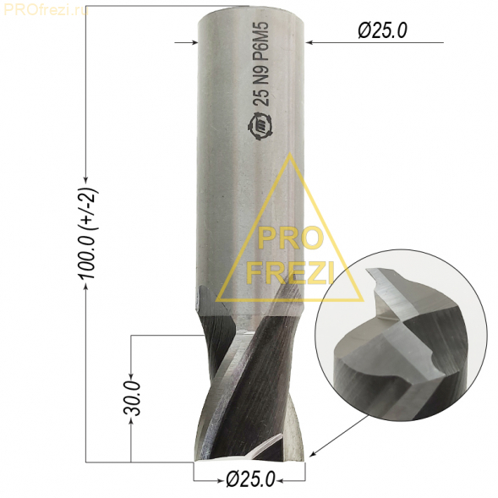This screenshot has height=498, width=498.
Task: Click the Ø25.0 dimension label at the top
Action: (382, 31)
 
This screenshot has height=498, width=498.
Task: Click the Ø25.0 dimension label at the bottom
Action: (250, 479)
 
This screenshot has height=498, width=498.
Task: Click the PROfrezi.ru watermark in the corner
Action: (46, 10)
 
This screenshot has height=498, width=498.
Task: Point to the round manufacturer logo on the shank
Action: (260, 127)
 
